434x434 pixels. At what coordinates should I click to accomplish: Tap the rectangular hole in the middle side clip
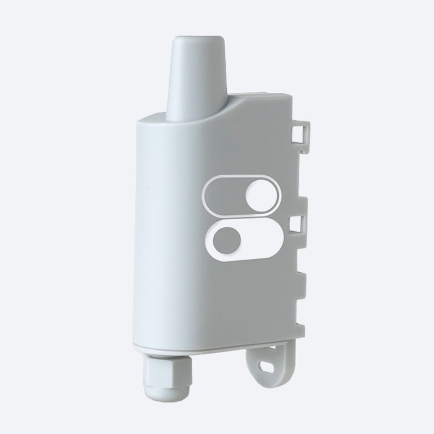click(297, 224)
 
